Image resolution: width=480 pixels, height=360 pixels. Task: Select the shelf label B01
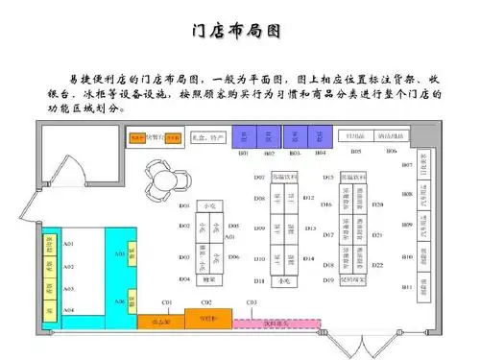(244, 154)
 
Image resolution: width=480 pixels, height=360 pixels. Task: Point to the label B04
(321, 154)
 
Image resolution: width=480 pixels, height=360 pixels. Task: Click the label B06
(391, 151)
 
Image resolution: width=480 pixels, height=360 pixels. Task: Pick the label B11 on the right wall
(407, 287)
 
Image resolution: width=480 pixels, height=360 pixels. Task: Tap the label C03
(252, 303)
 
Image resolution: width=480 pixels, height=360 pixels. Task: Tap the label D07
(231, 179)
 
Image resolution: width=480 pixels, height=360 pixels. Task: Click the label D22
(378, 265)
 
